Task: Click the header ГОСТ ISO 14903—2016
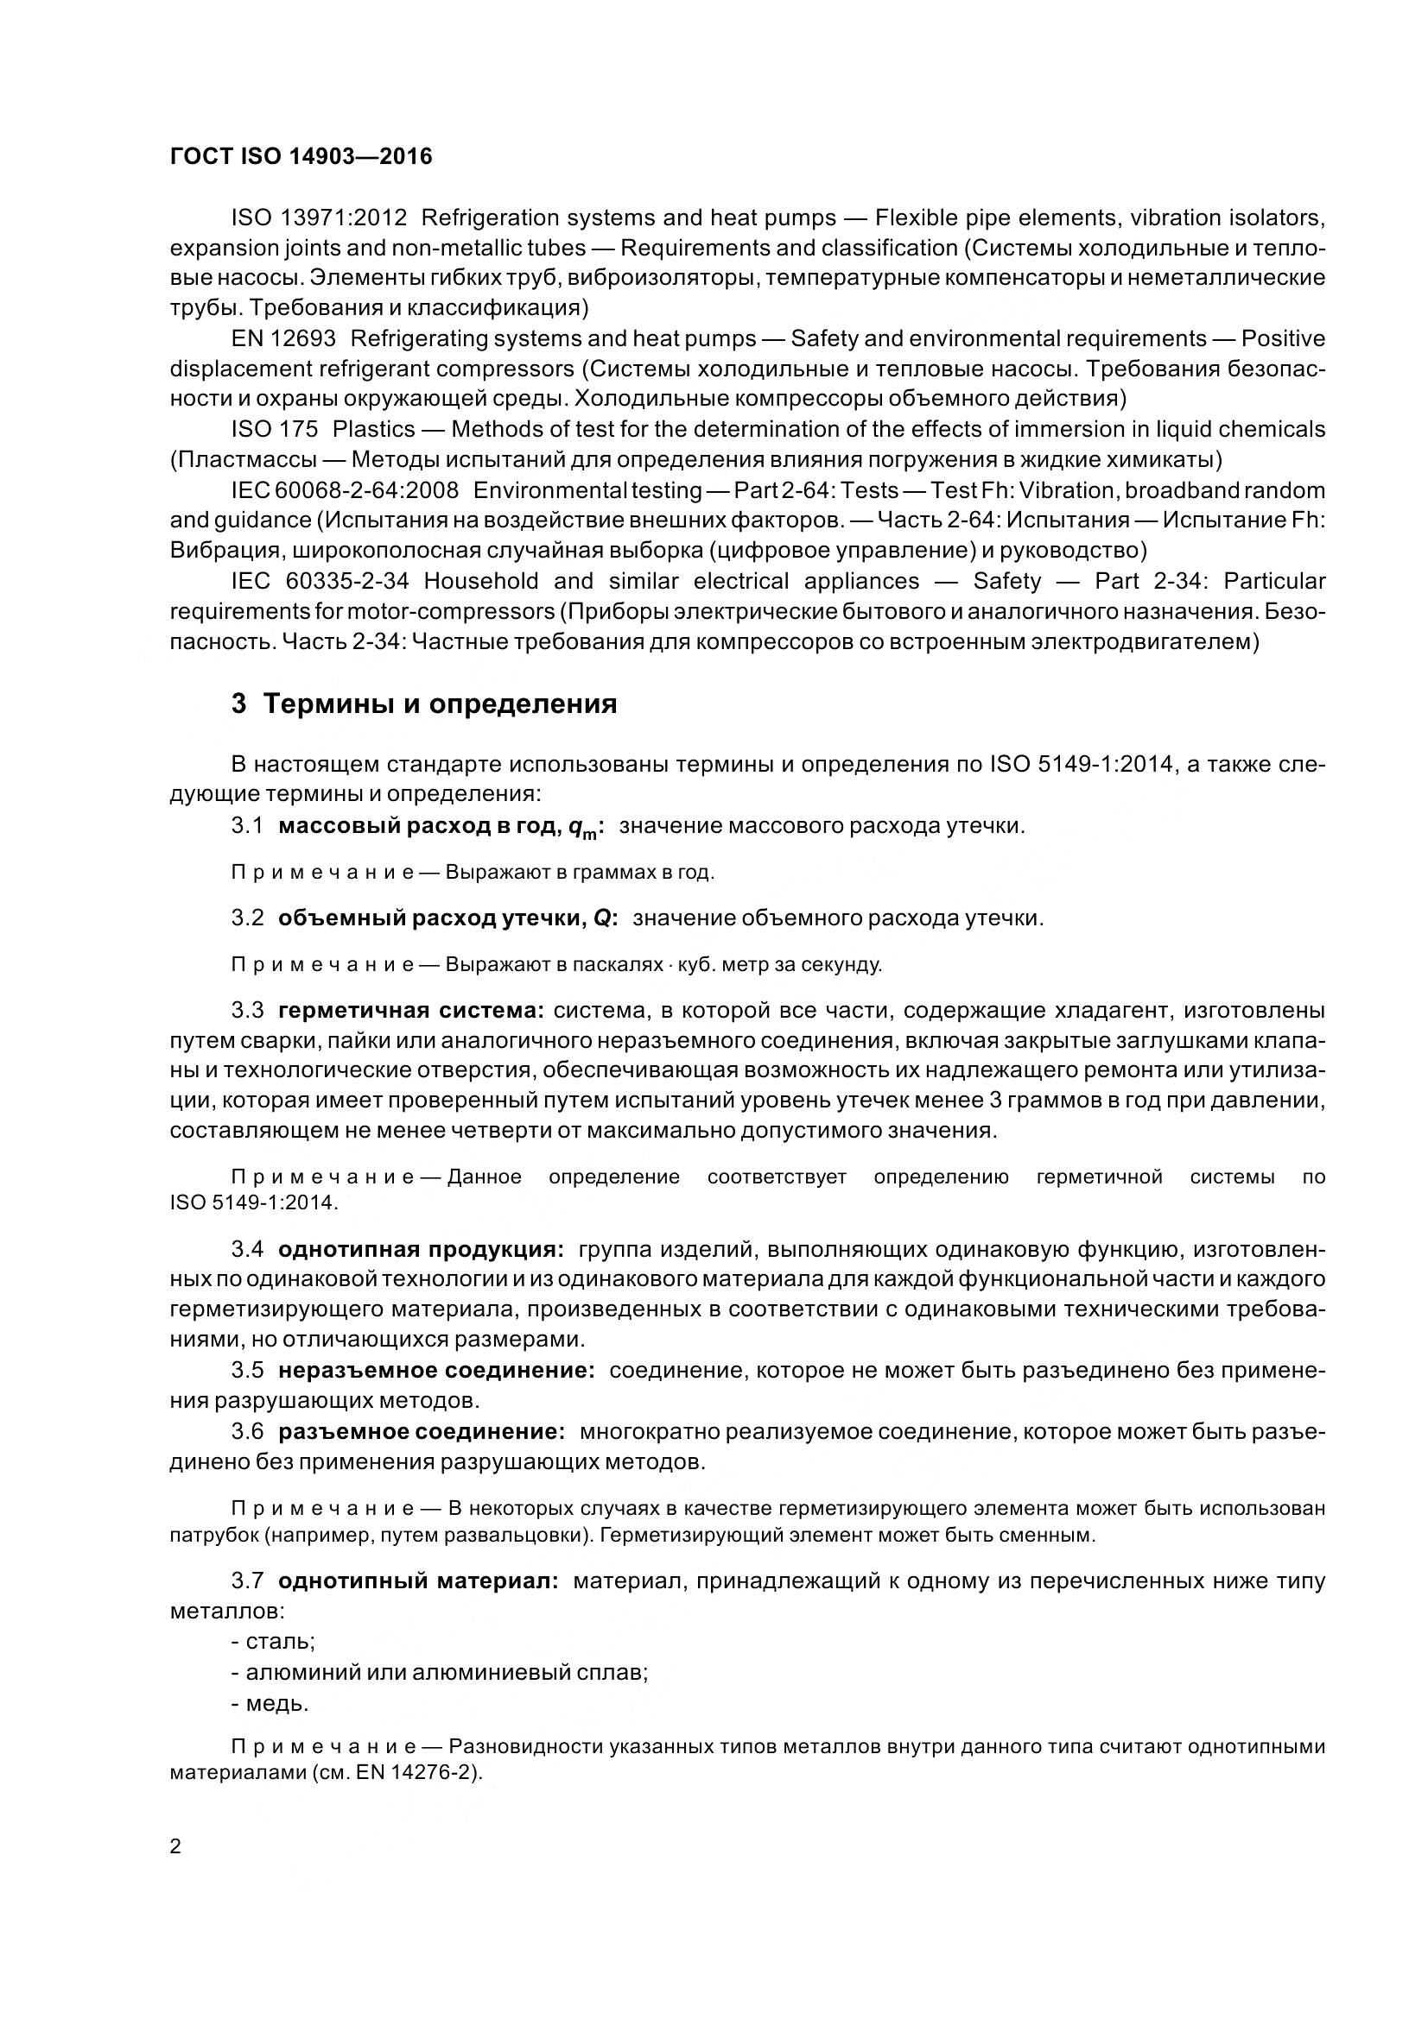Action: click(301, 156)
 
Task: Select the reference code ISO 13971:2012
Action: click(319, 218)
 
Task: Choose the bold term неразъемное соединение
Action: click(436, 1370)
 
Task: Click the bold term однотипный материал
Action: click(418, 1581)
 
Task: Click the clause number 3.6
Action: click(247, 1430)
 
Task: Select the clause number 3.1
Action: click(247, 826)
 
